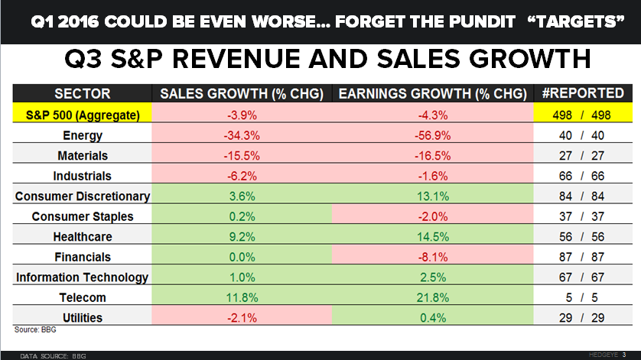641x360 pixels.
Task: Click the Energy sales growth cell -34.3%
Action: [x=242, y=136]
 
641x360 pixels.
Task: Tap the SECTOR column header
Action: [x=82, y=94]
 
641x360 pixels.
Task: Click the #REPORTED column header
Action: [x=583, y=94]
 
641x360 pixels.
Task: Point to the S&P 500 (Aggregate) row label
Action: [x=82, y=115]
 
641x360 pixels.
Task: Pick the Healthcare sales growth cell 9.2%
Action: [x=242, y=237]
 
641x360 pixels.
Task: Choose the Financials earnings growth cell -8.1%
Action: [x=433, y=257]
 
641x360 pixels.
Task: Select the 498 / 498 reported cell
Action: [x=583, y=115]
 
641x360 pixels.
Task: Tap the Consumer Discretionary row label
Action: [x=82, y=196]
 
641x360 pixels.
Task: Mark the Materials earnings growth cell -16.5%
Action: [x=433, y=156]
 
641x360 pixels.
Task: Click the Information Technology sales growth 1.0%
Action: [x=242, y=276]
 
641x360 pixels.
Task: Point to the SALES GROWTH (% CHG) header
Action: [x=242, y=94]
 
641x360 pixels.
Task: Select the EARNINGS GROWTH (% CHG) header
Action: [x=433, y=94]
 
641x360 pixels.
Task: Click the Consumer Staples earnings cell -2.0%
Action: [x=433, y=216]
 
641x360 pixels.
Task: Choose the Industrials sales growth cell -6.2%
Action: [x=242, y=176]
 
